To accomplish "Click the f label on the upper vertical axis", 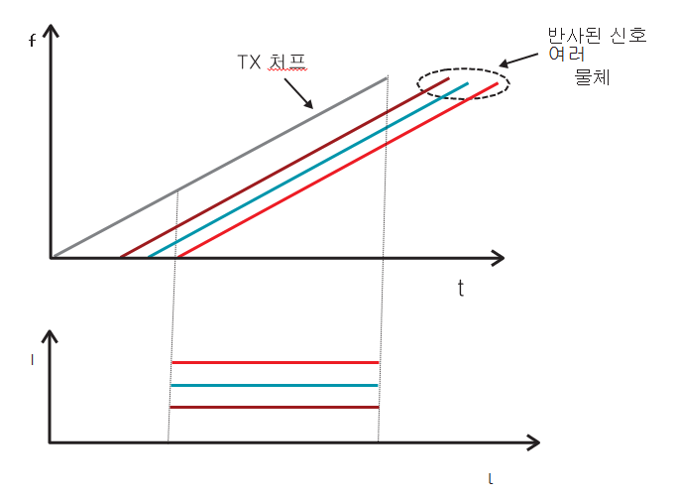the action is [x=32, y=41].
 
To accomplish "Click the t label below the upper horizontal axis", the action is [x=461, y=289].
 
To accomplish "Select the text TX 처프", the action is [x=272, y=62].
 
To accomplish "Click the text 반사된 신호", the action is [x=597, y=36].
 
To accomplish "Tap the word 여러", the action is [x=567, y=54].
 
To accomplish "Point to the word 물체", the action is [x=592, y=77].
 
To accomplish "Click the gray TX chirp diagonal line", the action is [x=219, y=168].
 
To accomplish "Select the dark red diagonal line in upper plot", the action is [x=284, y=168].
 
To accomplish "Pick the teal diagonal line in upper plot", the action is [x=308, y=170].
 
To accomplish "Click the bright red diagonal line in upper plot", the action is [x=338, y=170].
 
